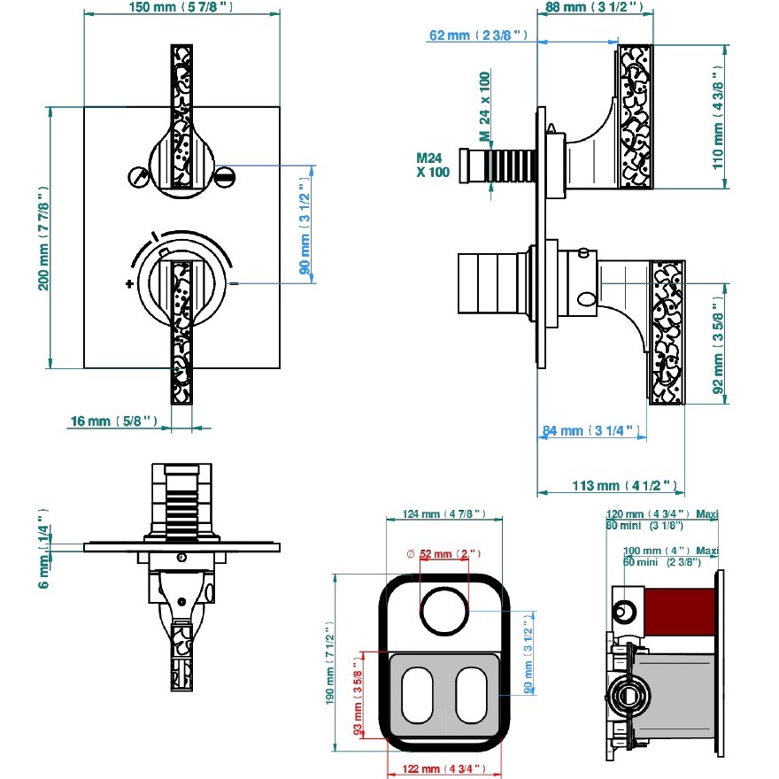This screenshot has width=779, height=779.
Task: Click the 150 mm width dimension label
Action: coord(181,8)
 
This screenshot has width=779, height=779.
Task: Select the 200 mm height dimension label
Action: coord(42,237)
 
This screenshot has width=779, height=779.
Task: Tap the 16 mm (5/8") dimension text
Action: coord(112,421)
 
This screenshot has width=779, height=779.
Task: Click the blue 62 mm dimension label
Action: coord(478,35)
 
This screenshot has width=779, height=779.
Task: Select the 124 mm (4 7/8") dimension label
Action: coord(443,514)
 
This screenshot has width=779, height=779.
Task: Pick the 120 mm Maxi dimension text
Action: coord(661,513)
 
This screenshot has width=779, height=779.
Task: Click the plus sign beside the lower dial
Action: coord(130,284)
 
